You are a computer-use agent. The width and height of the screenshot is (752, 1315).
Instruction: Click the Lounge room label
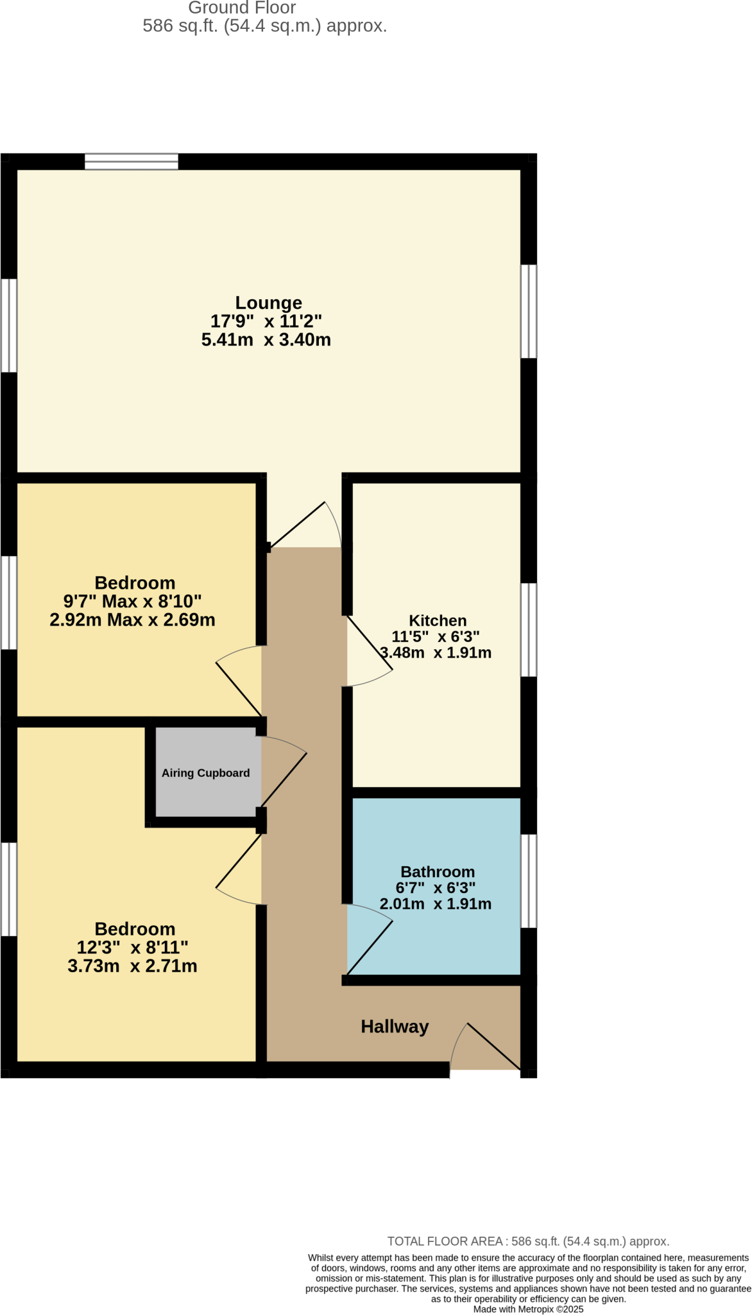click(268, 302)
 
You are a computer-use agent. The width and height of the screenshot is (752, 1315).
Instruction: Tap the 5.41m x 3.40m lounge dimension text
click(266, 340)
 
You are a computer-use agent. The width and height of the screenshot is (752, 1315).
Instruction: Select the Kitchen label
click(438, 620)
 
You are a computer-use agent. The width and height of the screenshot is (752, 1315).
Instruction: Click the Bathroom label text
click(438, 871)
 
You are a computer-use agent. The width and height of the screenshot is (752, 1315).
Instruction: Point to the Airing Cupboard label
click(205, 773)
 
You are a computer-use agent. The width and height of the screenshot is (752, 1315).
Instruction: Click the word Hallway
click(395, 1027)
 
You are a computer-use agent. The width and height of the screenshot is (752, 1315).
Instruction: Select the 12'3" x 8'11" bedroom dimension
click(132, 947)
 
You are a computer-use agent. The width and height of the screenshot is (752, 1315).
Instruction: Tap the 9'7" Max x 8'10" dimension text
click(132, 602)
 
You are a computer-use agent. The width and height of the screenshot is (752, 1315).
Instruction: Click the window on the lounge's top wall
click(132, 161)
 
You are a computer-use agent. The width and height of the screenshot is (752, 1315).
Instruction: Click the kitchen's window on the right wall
click(528, 630)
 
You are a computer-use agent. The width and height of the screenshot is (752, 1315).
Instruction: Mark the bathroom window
click(528, 881)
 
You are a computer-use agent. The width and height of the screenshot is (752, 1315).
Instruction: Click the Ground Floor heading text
click(242, 8)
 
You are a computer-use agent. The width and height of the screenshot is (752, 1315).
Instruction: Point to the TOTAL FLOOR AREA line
click(527, 1241)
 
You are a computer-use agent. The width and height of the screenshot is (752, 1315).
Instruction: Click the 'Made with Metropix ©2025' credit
click(527, 1309)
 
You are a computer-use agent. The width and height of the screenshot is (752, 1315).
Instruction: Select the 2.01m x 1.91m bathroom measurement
click(436, 904)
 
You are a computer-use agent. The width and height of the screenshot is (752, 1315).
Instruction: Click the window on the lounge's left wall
click(9, 326)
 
